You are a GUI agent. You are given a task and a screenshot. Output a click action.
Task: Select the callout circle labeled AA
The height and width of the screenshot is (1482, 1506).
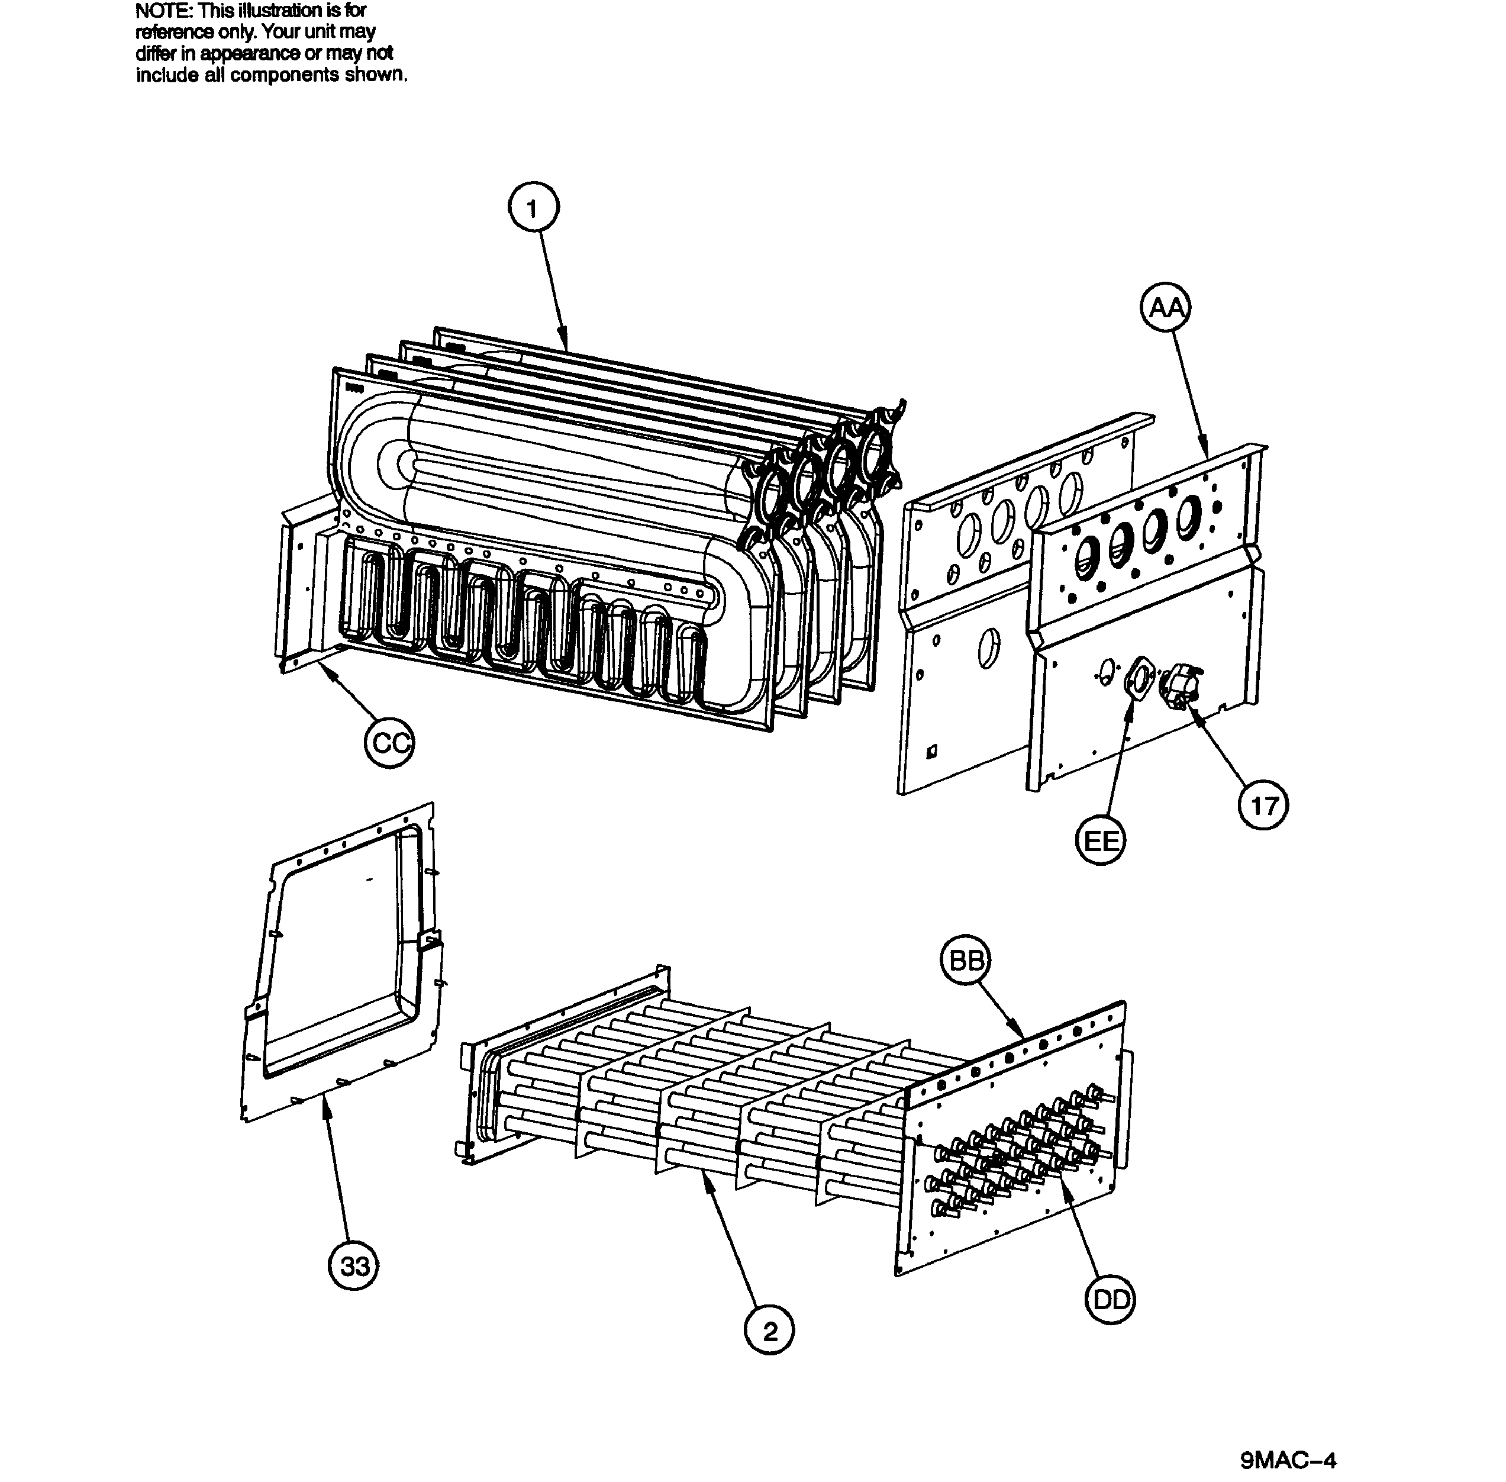1166,309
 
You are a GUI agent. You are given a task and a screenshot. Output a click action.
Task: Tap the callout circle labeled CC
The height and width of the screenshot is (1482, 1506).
389,743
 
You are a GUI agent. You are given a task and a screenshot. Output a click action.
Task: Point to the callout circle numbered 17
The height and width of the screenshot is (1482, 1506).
1262,805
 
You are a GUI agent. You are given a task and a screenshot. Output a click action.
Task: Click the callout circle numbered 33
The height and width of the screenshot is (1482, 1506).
353,1267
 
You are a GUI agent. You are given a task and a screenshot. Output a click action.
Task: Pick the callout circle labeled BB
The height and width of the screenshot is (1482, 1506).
966,962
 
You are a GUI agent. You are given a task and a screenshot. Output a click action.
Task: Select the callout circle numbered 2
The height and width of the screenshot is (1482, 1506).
769,1332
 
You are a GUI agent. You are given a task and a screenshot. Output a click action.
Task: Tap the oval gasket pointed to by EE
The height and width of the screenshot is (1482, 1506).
1139,677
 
